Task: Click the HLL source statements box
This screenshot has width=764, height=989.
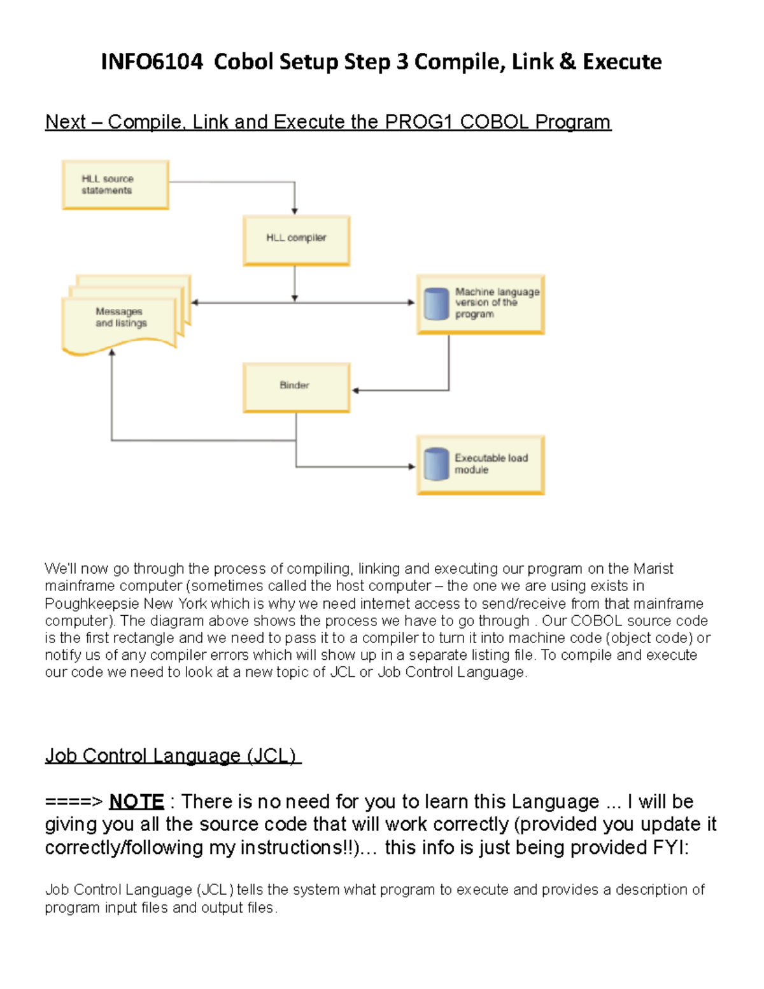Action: [115, 185]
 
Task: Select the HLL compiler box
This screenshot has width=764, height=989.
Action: [296, 239]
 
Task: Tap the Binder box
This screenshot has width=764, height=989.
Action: [296, 387]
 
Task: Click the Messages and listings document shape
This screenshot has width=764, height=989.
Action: [121, 318]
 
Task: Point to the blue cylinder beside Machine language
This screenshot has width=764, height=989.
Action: [437, 304]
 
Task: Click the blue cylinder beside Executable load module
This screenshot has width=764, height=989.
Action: [437, 464]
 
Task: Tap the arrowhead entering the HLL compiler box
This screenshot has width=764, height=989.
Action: [295, 211]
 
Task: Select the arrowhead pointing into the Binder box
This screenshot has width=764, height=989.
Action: [356, 390]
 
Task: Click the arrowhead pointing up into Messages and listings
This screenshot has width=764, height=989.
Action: [112, 353]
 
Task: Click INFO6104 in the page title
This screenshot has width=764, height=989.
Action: [152, 62]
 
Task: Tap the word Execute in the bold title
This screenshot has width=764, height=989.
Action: [622, 62]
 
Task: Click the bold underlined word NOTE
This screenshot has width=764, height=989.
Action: [136, 801]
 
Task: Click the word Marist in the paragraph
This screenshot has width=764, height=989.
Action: [653, 569]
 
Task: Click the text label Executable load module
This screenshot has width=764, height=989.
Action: [490, 464]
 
